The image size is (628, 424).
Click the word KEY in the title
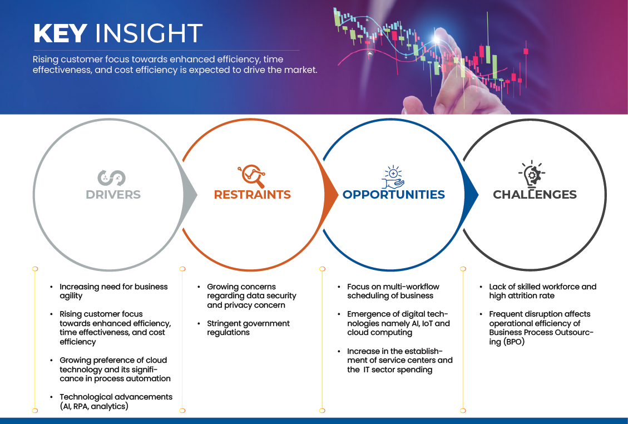click(x=60, y=33)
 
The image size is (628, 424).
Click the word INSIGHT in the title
click(x=149, y=33)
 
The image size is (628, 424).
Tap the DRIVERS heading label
click(x=113, y=194)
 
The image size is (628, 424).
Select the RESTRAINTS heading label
click(x=253, y=194)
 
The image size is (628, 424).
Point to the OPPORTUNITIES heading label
click(x=394, y=194)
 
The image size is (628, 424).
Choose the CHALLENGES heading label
click(x=535, y=194)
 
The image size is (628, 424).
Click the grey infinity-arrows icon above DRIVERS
click(x=111, y=178)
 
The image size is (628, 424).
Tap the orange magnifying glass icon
click(x=251, y=175)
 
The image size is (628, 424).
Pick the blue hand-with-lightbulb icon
click(x=393, y=177)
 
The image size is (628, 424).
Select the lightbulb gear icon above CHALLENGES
click(x=532, y=174)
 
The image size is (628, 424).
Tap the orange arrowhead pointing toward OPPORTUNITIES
click(x=331, y=195)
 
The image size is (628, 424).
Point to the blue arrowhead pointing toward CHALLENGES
click(x=471, y=195)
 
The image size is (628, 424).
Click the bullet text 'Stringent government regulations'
click(x=248, y=328)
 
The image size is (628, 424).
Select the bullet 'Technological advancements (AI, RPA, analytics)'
click(x=116, y=402)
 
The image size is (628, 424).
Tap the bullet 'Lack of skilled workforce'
click(x=535, y=287)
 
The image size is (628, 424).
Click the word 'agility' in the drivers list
click(x=71, y=296)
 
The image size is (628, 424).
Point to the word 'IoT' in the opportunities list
click(x=427, y=323)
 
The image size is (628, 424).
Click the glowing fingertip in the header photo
click(x=438, y=39)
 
